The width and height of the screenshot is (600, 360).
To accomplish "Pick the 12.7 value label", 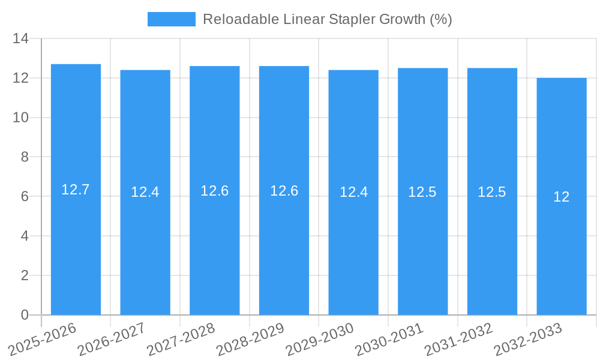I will [76, 190].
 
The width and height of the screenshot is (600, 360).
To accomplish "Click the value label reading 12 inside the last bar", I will [562, 197].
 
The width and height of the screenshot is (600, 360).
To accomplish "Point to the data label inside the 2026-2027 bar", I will [145, 192].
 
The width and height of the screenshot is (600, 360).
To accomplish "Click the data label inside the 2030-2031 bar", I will [422, 192].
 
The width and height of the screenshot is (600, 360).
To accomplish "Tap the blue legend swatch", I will [171, 19].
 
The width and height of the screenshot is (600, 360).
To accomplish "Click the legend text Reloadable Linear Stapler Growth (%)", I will [328, 19].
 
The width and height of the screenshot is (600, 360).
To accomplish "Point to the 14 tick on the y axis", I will [21, 39].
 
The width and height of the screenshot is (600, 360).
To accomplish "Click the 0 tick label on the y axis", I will [25, 315].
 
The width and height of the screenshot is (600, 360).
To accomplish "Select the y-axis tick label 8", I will [25, 157].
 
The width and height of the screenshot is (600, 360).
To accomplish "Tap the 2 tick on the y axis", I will [25, 275].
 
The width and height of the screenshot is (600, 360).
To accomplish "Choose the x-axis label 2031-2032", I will [458, 339].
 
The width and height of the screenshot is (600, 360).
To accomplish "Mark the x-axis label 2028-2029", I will [250, 339].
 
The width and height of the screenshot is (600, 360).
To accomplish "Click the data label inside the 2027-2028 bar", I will [215, 191].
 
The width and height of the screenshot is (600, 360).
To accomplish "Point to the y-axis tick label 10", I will [21, 118].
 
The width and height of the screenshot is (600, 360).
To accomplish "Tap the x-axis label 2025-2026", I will [43, 339].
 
